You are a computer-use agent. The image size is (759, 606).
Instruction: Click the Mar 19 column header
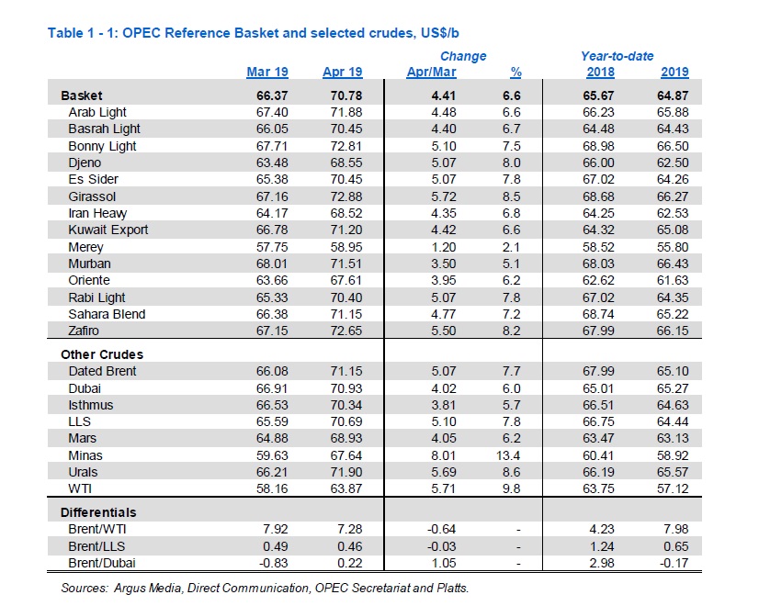(267, 72)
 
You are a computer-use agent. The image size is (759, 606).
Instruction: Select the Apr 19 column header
(342, 72)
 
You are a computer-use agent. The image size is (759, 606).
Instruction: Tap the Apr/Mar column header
(431, 72)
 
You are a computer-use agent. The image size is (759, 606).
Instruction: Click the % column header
(516, 72)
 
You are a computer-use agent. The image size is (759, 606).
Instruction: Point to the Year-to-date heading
(617, 56)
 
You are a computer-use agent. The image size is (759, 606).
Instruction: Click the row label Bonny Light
(102, 146)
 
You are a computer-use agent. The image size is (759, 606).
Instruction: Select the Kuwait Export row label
(108, 230)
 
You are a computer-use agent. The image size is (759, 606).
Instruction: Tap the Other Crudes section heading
(102, 354)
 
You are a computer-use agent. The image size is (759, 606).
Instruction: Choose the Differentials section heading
(98, 512)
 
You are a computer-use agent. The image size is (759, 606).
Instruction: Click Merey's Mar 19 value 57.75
(272, 247)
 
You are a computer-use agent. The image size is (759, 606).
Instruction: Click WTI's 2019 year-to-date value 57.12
(673, 488)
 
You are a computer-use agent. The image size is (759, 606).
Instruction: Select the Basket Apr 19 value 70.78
(346, 95)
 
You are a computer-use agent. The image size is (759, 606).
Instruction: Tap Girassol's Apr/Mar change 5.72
(444, 196)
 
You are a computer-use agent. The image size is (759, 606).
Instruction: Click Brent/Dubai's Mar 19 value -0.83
(273, 563)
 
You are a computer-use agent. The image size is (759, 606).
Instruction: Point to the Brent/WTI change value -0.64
(441, 529)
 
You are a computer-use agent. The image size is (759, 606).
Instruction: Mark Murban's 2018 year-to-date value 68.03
(598, 264)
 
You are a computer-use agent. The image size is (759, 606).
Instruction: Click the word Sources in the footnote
(85, 589)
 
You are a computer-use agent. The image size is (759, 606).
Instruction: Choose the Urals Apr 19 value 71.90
(346, 472)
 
